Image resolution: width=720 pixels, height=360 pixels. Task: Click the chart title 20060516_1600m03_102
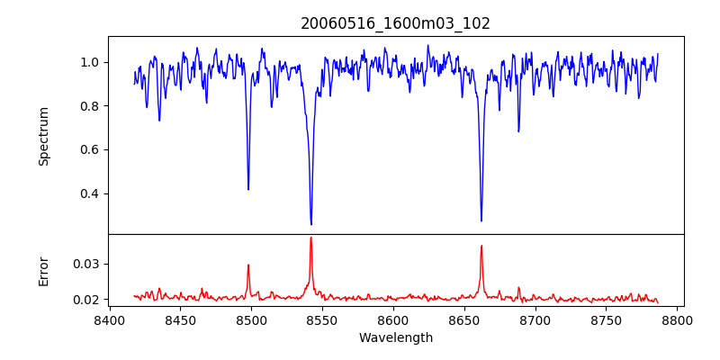395,23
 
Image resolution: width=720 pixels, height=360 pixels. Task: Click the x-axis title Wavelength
395,337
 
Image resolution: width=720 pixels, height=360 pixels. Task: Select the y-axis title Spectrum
43,136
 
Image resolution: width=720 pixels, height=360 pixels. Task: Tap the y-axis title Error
43,271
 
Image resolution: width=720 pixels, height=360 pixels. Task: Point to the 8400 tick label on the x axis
109,319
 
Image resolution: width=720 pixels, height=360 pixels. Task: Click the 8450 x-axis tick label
180,319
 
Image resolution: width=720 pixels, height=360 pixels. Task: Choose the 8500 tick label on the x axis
251,319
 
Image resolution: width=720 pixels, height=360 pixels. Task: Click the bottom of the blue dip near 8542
311,225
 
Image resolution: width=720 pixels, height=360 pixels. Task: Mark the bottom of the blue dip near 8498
248,190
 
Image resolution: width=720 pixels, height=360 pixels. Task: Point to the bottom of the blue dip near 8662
481,221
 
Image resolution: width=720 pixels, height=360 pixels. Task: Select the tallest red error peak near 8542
311,238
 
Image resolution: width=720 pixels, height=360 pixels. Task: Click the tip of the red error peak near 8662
481,246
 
